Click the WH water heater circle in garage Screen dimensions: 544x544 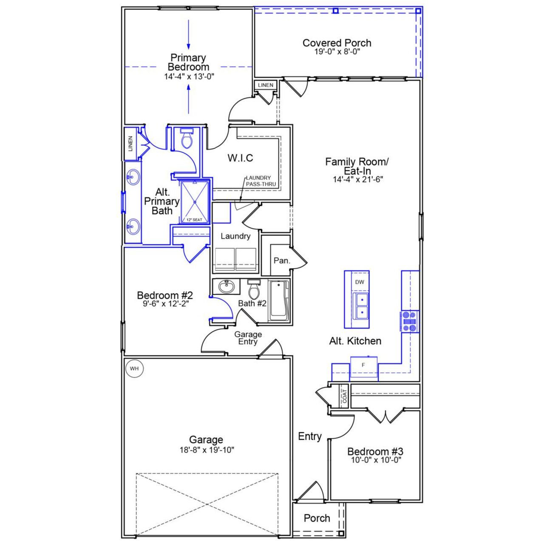click(134, 368)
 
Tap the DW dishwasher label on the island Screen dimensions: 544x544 click(360, 282)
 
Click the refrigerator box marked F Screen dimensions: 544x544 click(363, 365)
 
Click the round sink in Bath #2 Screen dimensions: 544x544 click(226, 287)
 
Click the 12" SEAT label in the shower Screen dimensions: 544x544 click(195, 220)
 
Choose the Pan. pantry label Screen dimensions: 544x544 click(282, 261)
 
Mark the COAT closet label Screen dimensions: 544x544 click(344, 396)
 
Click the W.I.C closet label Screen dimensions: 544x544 click(240, 158)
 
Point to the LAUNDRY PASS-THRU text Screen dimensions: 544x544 click(261, 181)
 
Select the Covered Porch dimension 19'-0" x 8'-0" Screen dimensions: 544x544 click(337, 52)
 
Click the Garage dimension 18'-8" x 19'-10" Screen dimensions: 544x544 click(206, 450)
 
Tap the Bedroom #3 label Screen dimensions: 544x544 click(375, 451)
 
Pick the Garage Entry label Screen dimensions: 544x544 click(248, 338)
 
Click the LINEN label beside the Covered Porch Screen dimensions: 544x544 click(266, 85)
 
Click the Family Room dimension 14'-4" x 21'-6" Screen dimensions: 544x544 click(358, 179)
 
